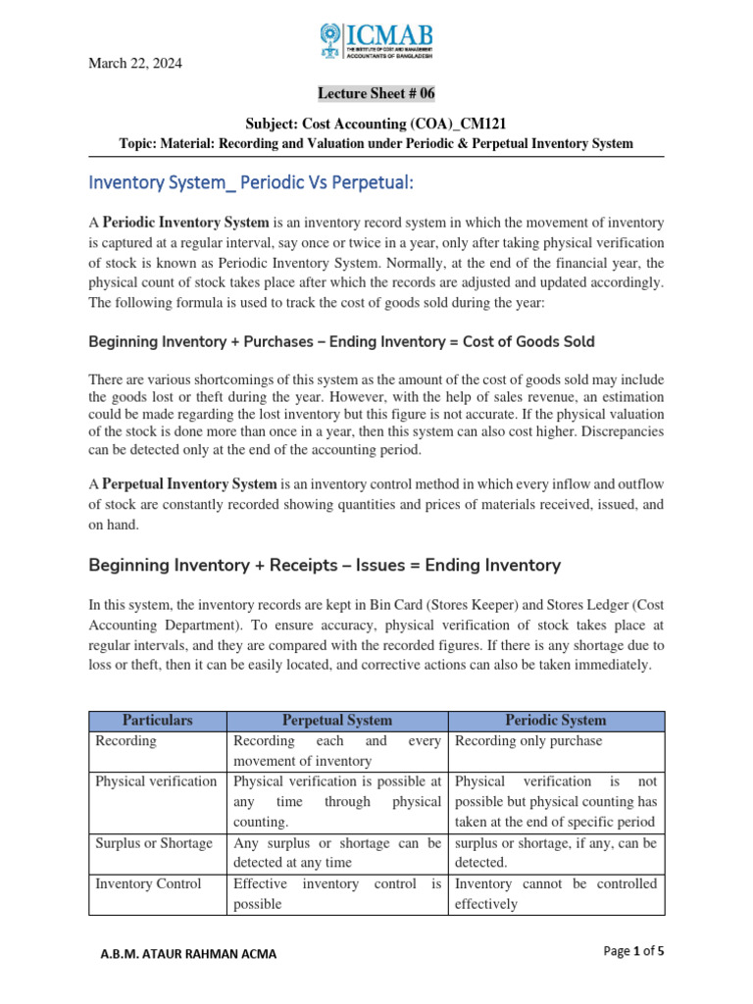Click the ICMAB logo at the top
(x=376, y=40)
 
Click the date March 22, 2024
(x=135, y=64)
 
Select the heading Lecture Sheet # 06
(x=376, y=93)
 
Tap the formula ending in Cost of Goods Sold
(x=341, y=341)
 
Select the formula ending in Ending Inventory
(x=324, y=565)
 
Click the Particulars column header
(x=157, y=720)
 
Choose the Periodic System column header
(x=556, y=720)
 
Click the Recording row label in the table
(x=125, y=741)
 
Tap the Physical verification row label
(x=156, y=781)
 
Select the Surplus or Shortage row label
(x=153, y=843)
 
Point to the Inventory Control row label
(x=148, y=883)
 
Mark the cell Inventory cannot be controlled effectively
(x=556, y=893)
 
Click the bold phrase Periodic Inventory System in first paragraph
(x=185, y=223)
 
